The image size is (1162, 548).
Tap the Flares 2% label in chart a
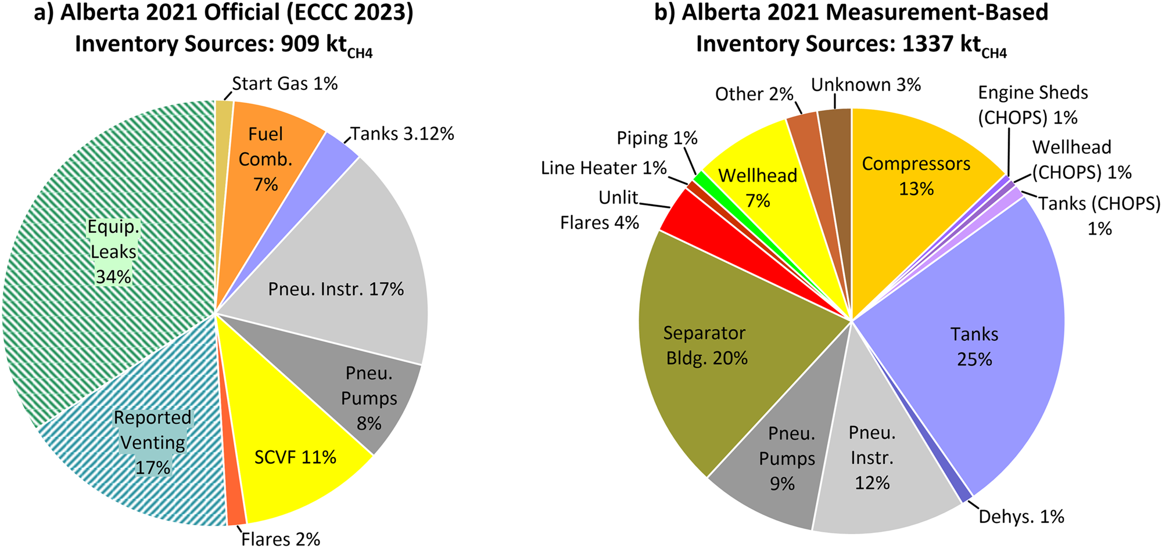click(x=281, y=539)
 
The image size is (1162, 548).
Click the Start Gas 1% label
click(x=285, y=84)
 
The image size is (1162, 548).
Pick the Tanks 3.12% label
click(x=402, y=134)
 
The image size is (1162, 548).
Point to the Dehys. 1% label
click(x=1021, y=517)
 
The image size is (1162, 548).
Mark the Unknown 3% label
click(x=866, y=85)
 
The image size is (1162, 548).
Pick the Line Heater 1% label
click(x=604, y=168)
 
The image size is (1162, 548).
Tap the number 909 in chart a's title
click(x=300, y=44)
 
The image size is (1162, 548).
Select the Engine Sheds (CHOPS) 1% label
click(x=1032, y=105)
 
